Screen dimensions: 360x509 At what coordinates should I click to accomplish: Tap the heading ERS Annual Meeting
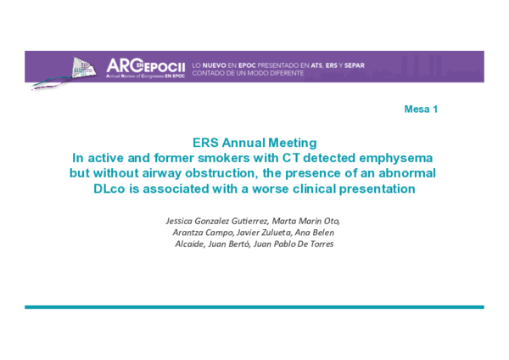[254, 143]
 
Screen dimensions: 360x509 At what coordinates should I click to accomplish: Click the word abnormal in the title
[406, 173]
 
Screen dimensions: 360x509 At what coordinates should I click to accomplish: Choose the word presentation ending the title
[373, 188]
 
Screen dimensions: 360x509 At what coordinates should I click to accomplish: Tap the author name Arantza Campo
[202, 233]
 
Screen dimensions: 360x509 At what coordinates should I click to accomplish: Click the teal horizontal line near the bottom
[254, 307]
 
